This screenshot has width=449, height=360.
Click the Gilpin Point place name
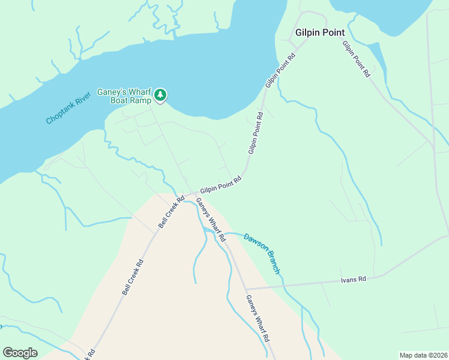(x=319, y=32)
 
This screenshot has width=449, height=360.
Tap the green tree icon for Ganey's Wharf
(x=160, y=94)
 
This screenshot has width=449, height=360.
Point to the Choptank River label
(x=68, y=108)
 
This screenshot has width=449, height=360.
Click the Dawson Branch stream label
(x=262, y=254)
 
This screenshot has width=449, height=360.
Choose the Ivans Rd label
(x=353, y=279)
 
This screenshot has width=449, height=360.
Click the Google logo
(x=20, y=353)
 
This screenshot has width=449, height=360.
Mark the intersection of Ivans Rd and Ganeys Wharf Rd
(x=247, y=289)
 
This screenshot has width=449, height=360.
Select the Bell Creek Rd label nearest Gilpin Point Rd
(x=172, y=211)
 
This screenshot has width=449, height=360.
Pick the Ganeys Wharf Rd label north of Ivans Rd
(x=211, y=220)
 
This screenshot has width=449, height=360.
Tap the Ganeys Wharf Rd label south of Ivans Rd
(x=257, y=319)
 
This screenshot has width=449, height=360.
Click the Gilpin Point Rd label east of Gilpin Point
(x=356, y=59)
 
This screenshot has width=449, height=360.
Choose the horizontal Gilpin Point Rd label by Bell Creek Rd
(x=220, y=184)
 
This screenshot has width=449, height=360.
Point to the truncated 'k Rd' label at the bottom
(x=91, y=354)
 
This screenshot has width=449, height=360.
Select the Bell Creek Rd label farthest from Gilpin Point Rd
(x=133, y=277)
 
